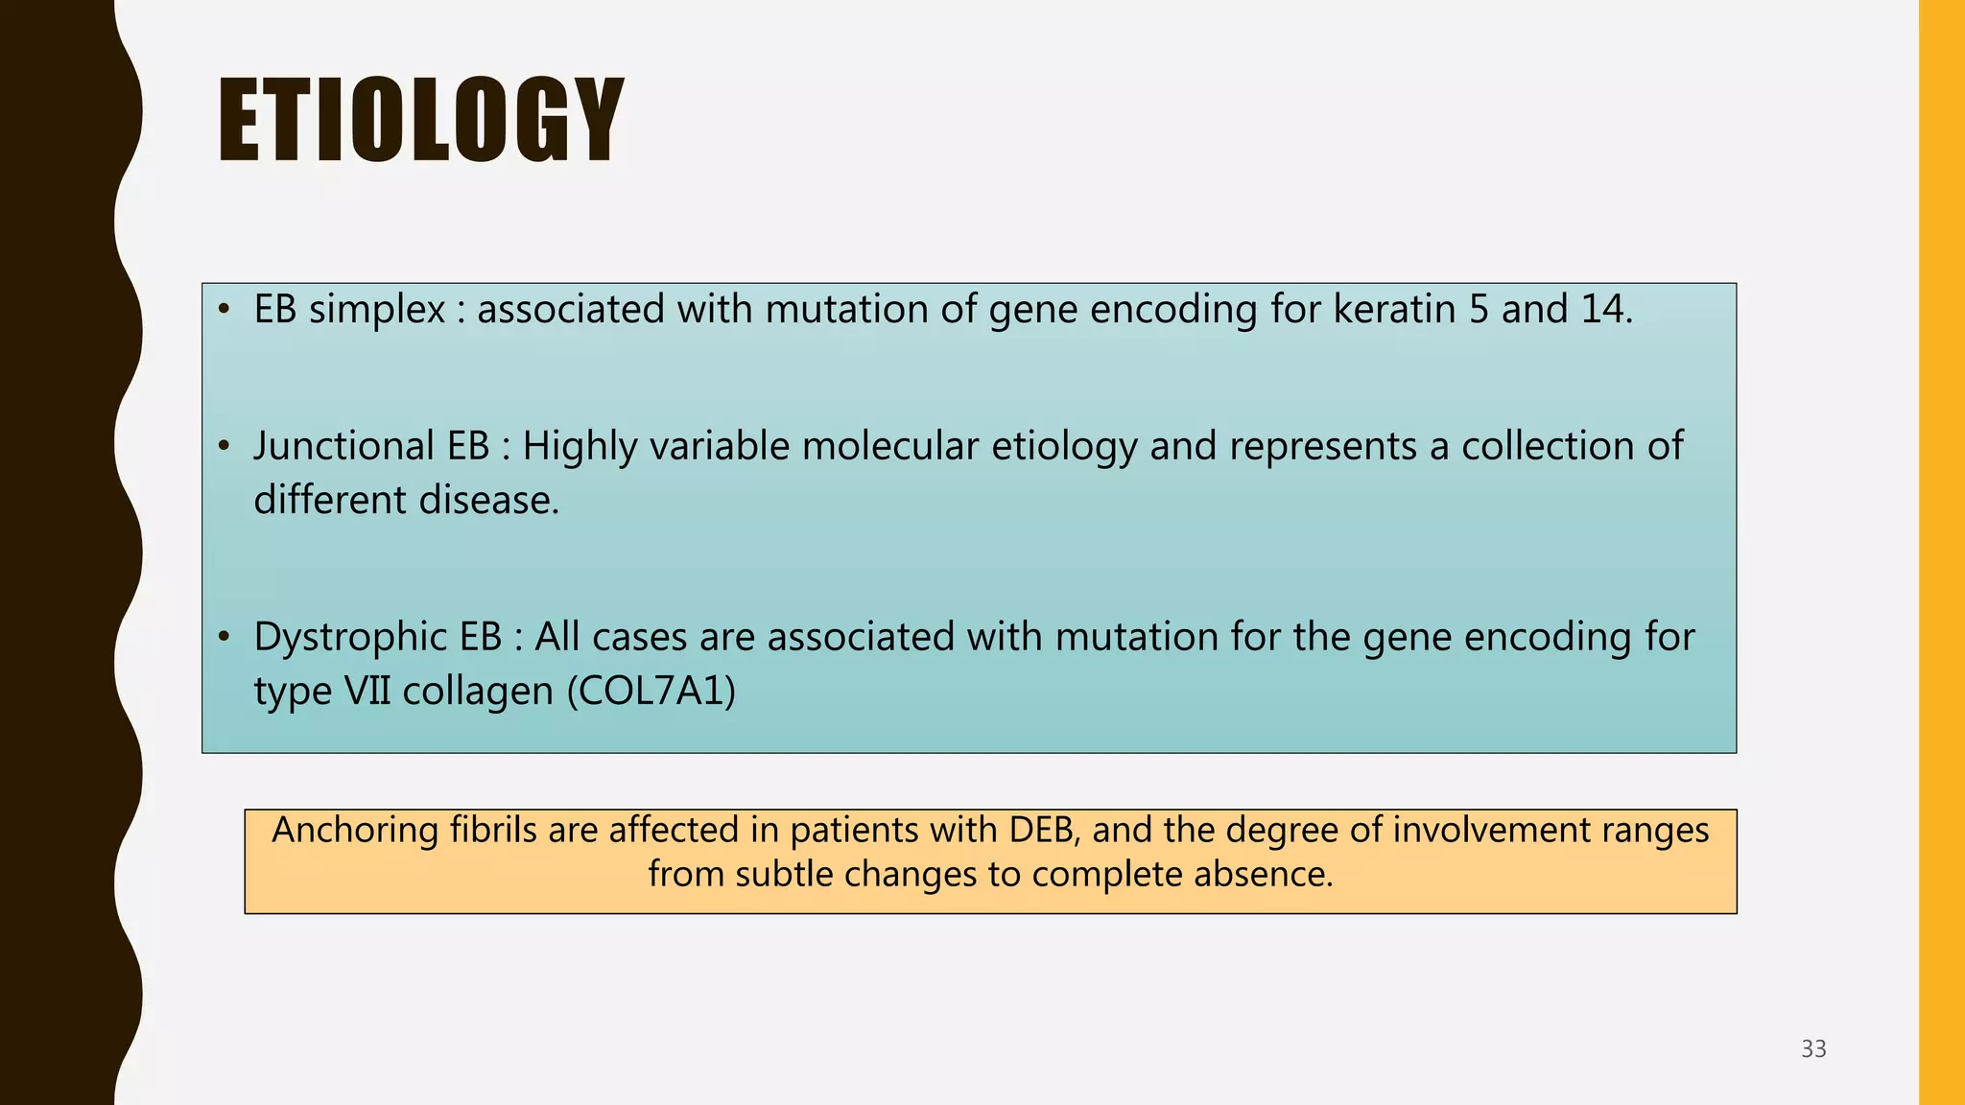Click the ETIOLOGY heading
click(x=420, y=122)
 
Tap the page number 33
click(x=1812, y=1049)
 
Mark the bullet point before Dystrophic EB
click(x=224, y=638)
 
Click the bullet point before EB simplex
click(x=224, y=310)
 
